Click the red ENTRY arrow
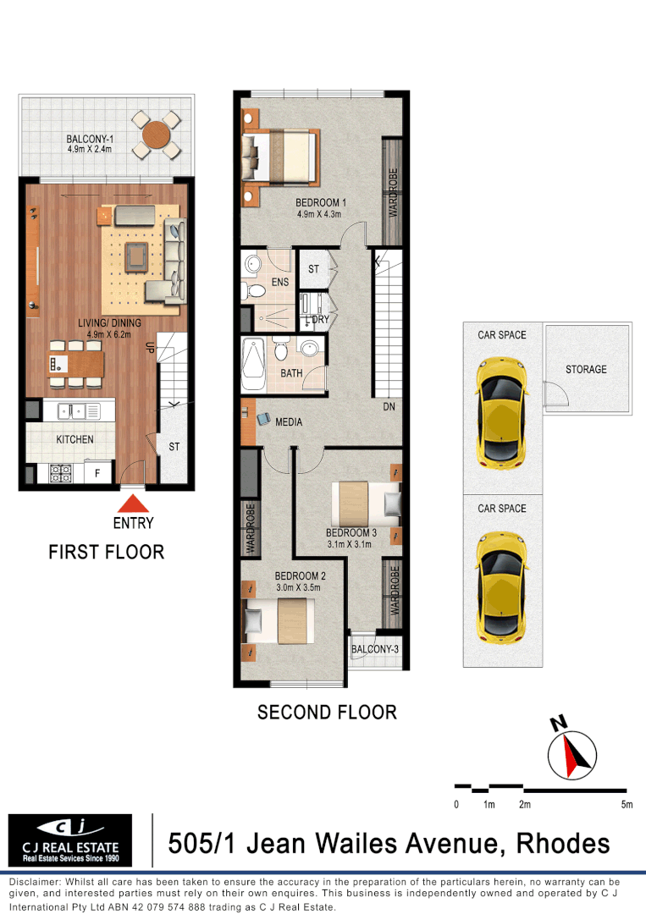(133, 504)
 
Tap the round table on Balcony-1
(157, 135)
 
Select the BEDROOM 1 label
(321, 202)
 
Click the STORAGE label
(586, 369)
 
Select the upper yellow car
(502, 411)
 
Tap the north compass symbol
(572, 754)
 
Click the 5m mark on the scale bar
(626, 804)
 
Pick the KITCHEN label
(75, 439)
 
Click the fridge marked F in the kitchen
(97, 473)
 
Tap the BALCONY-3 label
(374, 649)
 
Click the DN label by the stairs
(389, 406)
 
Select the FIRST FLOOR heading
(106, 552)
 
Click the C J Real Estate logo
(70, 840)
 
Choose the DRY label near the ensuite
(320, 319)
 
